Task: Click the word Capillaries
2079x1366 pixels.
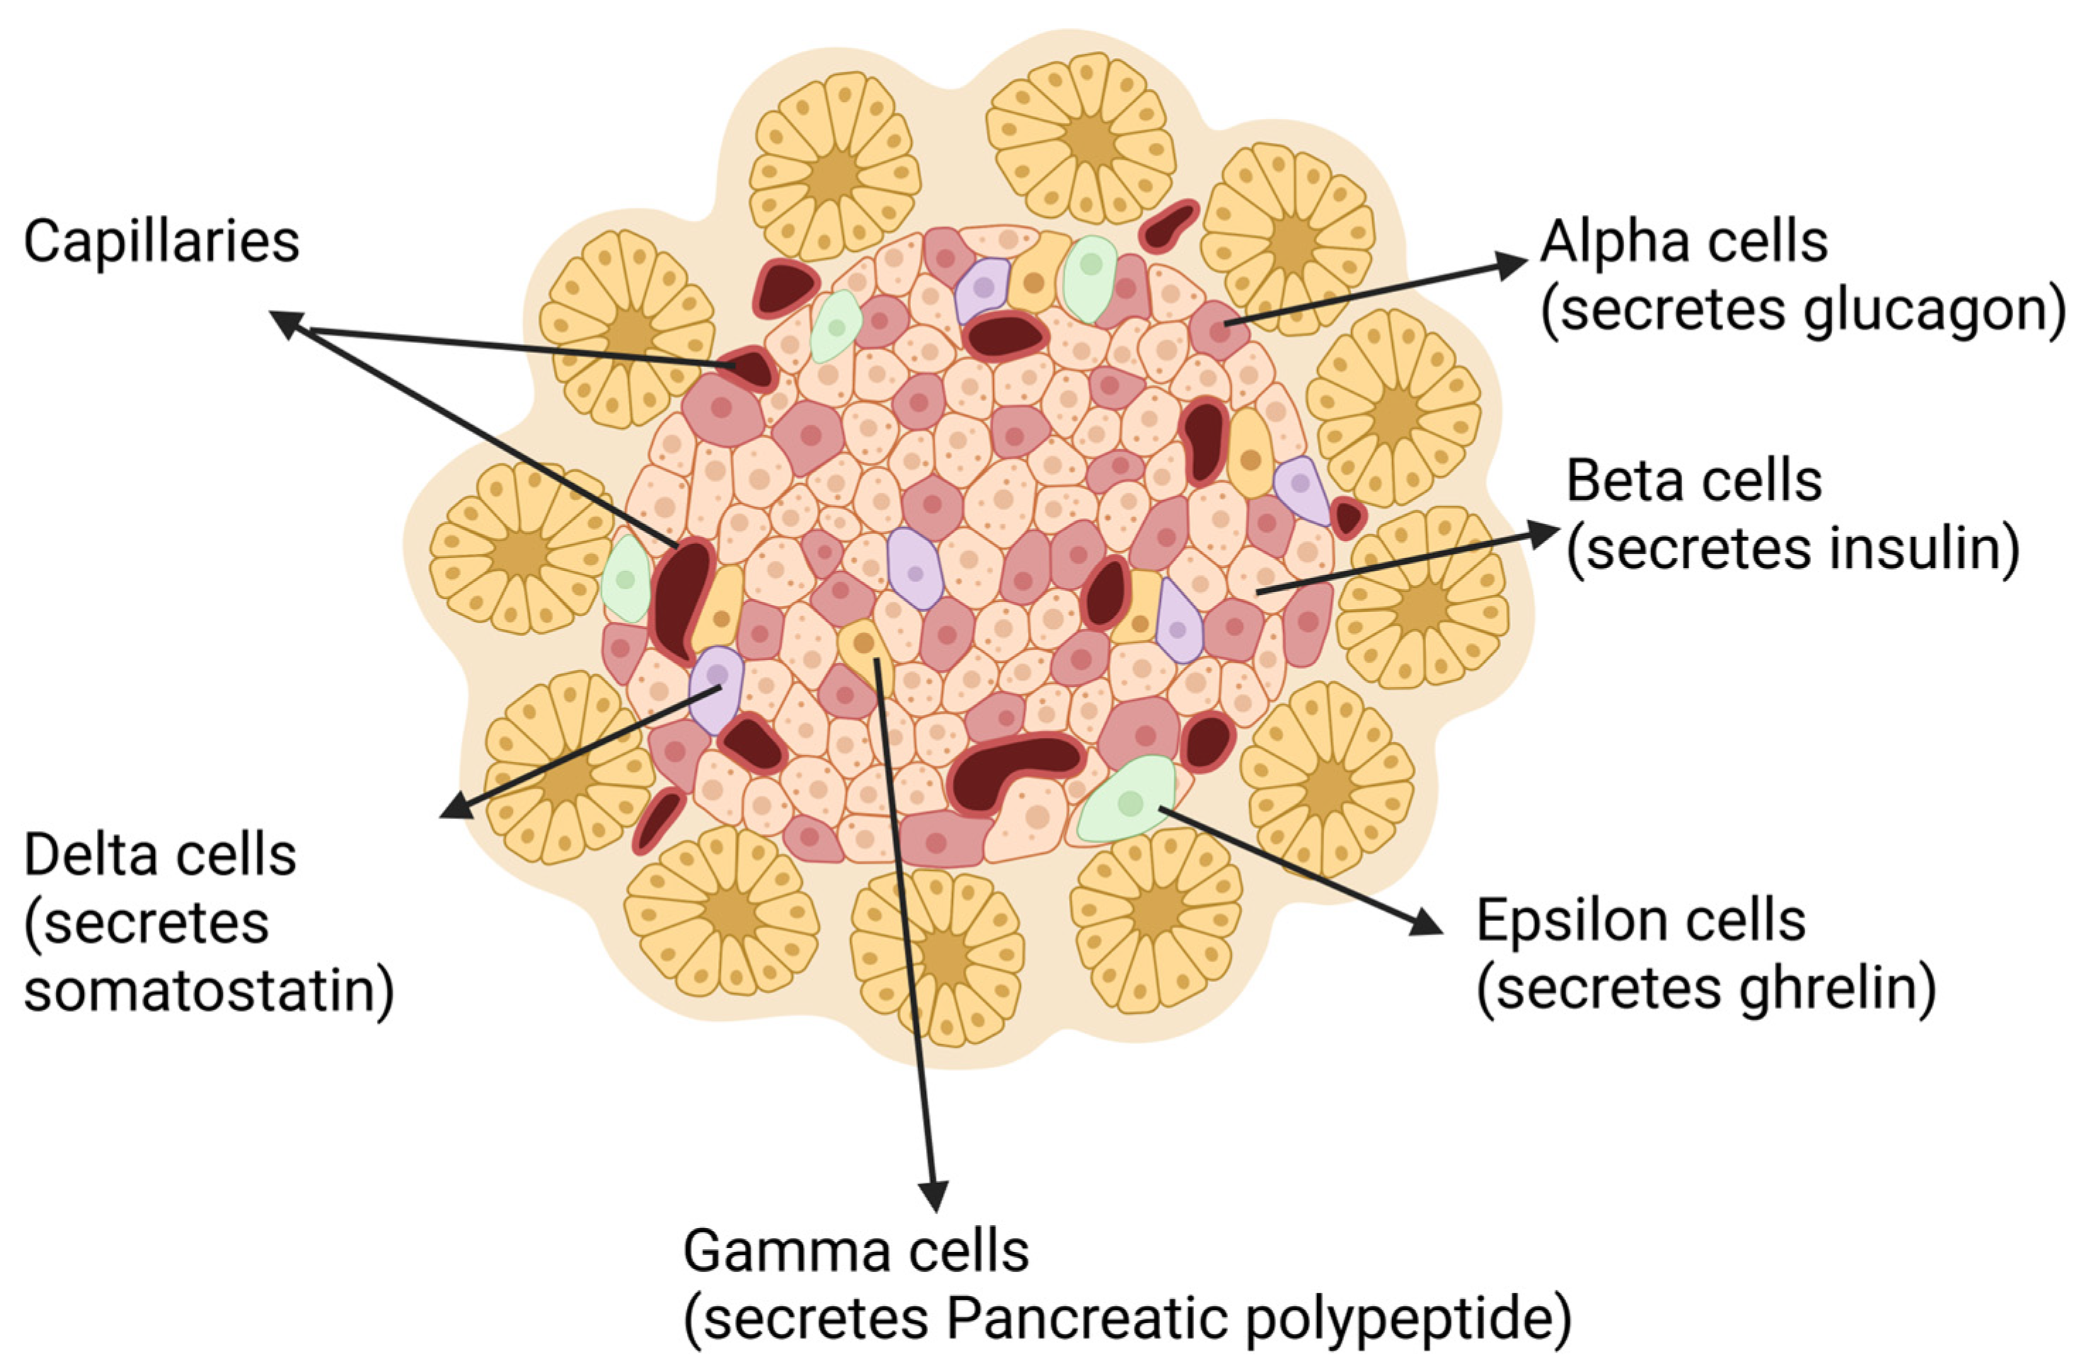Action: pos(161,243)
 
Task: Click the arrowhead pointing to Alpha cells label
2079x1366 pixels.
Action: pos(1510,264)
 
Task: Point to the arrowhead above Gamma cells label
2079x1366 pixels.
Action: pos(934,1196)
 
